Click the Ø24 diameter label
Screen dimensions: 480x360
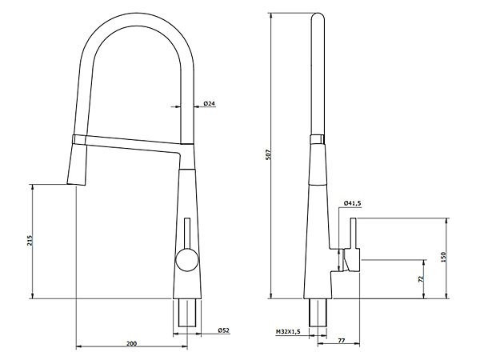coord(210,103)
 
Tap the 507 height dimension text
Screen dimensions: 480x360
coord(269,155)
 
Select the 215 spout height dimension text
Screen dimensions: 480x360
coord(30,240)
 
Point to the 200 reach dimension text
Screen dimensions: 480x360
coord(132,344)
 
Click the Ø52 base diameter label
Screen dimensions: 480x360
coord(223,330)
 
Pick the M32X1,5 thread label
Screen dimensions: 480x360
coord(288,331)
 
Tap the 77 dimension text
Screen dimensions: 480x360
coord(342,340)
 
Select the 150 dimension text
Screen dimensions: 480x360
coord(445,257)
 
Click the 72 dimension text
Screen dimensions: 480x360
coord(421,279)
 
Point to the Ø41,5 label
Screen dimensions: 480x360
coord(353,203)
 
